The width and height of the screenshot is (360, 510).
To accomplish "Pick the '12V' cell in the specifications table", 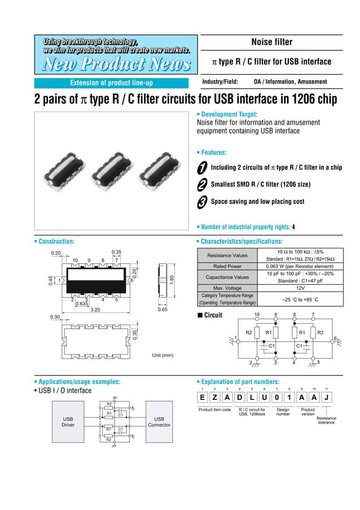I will [300, 287].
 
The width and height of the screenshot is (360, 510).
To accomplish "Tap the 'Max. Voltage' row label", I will [227, 287].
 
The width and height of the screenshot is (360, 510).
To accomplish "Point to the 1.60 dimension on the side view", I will [173, 281].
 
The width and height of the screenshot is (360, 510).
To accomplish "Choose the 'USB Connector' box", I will [159, 421].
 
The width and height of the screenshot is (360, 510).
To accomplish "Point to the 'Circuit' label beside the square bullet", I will [213, 315].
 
